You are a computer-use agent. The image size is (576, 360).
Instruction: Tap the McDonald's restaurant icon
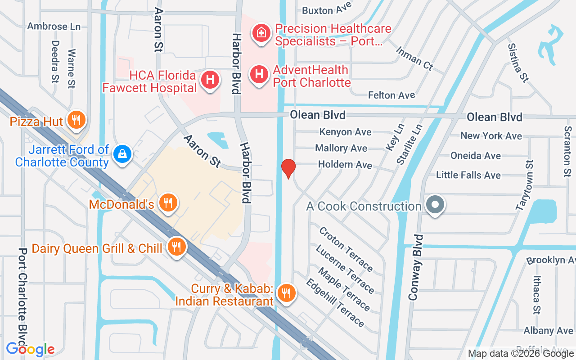pyautogui.click(x=168, y=203)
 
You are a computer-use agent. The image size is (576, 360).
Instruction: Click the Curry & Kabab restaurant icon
pyautogui.click(x=285, y=293)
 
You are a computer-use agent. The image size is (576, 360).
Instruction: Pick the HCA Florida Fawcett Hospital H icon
pyautogui.click(x=210, y=81)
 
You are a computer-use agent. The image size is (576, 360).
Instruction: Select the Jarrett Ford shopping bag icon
pyautogui.click(x=122, y=154)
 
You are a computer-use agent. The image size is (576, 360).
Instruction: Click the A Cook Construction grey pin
pyautogui.click(x=435, y=205)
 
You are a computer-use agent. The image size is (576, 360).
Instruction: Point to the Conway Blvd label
pyautogui.click(x=416, y=267)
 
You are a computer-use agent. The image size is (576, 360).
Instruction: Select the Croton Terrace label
pyautogui.click(x=346, y=249)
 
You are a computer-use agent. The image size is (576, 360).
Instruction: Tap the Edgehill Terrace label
pyautogui.click(x=335, y=303)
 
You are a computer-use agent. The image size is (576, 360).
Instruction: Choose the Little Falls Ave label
pyautogui.click(x=468, y=175)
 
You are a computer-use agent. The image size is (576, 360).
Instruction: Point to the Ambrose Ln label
pyautogui.click(x=54, y=26)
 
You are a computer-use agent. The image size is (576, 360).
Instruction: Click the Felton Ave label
pyautogui.click(x=391, y=95)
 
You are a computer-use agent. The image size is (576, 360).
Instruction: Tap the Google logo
pyautogui.click(x=30, y=349)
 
